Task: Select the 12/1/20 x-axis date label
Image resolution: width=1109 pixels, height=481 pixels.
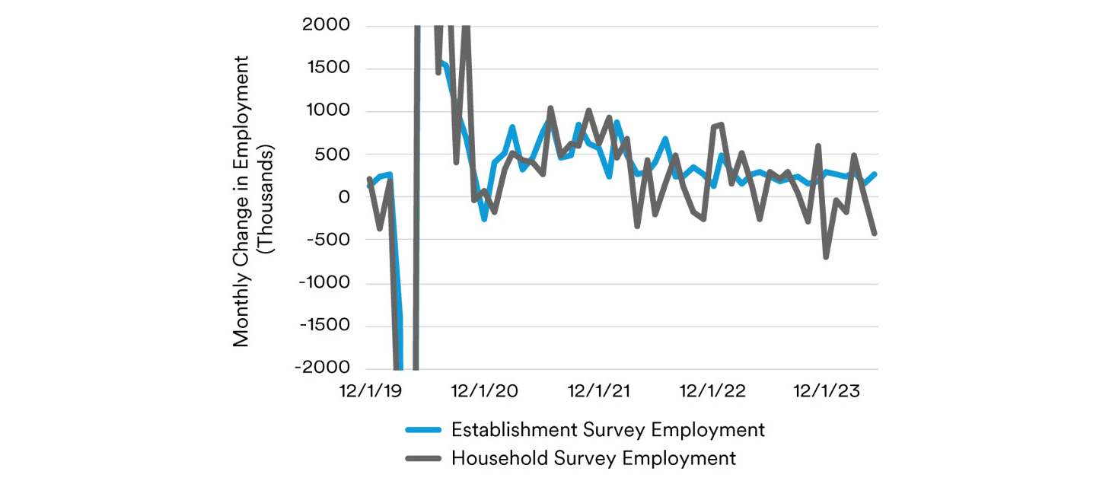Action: coord(485,391)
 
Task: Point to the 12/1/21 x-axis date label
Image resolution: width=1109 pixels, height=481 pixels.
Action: coord(600,391)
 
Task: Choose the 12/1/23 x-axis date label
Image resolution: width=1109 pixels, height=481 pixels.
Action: coord(827,391)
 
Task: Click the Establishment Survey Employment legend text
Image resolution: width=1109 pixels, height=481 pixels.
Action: coord(607,430)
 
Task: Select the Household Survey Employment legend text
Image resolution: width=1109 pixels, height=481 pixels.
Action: coord(594,458)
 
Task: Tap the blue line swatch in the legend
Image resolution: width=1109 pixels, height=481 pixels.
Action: coord(422,430)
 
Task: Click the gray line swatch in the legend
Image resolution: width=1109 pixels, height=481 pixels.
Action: coord(422,458)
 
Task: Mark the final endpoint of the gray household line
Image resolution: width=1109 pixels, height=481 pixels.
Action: coord(875,234)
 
